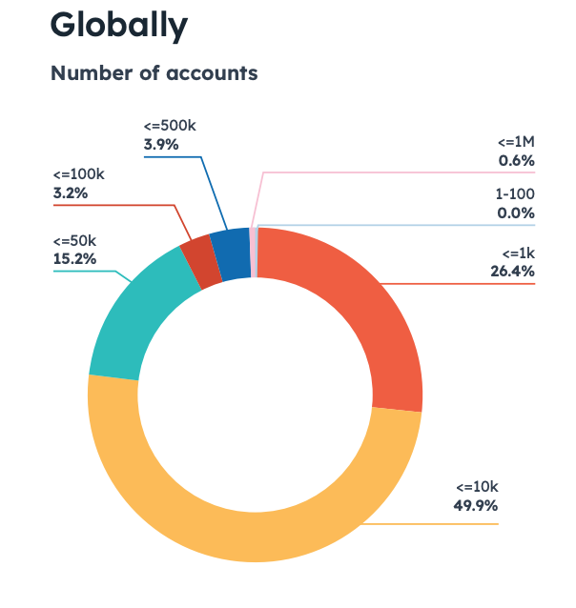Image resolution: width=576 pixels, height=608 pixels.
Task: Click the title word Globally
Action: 118,26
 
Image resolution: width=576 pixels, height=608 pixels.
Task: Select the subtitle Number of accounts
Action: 154,72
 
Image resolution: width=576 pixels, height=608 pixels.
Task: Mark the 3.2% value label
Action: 71,193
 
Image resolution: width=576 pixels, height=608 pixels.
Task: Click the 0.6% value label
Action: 516,160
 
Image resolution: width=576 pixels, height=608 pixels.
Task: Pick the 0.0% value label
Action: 516,213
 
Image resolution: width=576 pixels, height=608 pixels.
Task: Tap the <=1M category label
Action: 516,142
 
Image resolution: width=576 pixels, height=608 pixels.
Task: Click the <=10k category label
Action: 477,487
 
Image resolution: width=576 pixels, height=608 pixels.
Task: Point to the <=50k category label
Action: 75,240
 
